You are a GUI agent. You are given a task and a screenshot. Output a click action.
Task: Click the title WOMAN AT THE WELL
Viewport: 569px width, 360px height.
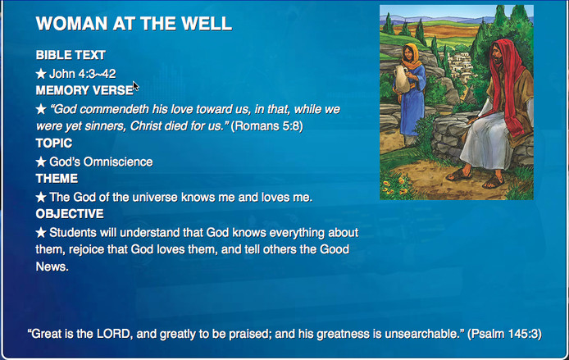[134, 24]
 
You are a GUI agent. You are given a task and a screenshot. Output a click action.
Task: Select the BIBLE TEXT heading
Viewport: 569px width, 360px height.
[71, 55]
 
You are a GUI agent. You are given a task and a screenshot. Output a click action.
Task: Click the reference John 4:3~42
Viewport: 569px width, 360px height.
[82, 74]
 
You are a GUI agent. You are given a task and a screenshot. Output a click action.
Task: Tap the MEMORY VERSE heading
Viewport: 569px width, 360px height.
[84, 90]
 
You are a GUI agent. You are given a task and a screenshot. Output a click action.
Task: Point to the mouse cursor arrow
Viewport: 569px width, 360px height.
[135, 86]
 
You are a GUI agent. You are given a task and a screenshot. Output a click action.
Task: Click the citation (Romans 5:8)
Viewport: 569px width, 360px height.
[266, 126]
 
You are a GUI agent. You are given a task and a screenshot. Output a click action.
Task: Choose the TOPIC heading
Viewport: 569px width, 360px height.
[54, 144]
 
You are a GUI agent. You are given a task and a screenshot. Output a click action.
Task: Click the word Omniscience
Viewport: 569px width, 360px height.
[118, 162]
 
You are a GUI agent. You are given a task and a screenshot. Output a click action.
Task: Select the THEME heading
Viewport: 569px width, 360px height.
[57, 179]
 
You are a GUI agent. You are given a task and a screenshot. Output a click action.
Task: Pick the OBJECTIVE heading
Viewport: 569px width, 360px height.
[70, 214]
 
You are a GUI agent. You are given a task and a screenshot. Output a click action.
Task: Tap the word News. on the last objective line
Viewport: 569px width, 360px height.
[52, 267]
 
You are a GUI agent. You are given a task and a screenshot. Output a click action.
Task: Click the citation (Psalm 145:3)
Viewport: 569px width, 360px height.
[504, 334]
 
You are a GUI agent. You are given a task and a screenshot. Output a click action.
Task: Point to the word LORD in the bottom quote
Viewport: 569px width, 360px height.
[114, 334]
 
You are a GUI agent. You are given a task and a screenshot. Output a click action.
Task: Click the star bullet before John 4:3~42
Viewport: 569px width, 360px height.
[41, 74]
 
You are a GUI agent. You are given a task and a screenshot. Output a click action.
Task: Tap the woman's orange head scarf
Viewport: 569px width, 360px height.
[412, 57]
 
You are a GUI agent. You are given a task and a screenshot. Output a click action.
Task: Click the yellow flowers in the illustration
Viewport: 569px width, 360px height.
[395, 183]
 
